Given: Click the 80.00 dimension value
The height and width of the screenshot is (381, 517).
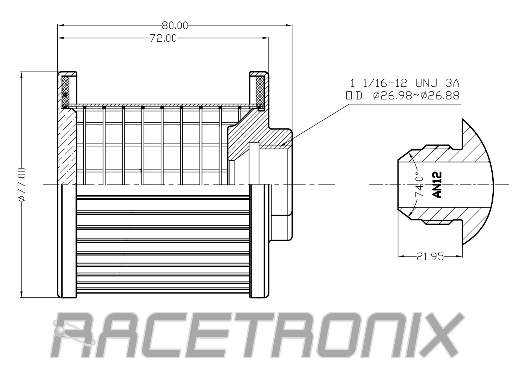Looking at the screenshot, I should [x=175, y=25].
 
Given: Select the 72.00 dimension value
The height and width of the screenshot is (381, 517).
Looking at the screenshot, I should [x=163, y=38].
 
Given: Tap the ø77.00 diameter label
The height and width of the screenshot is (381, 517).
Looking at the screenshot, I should [x=22, y=184].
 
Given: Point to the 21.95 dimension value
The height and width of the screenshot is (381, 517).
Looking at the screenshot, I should [x=430, y=257].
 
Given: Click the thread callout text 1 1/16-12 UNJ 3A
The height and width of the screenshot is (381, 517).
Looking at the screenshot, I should [x=405, y=83].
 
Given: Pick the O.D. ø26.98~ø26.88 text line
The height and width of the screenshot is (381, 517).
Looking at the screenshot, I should [x=402, y=96].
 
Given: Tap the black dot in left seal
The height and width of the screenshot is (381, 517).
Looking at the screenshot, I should [x=65, y=95].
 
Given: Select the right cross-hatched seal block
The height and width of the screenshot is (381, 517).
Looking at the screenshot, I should [x=261, y=91].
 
